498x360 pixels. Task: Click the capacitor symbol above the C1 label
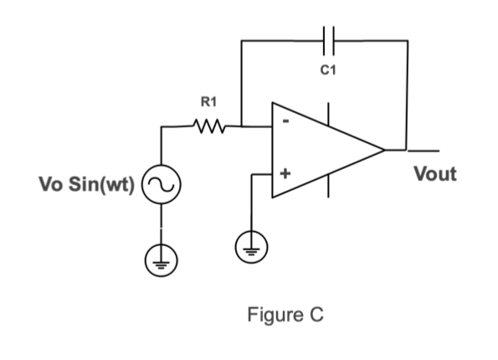point(328,39)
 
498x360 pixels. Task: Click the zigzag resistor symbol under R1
point(206,128)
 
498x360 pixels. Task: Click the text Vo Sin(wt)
point(87,183)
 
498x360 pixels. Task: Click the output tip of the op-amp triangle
point(384,151)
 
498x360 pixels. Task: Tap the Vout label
point(435,174)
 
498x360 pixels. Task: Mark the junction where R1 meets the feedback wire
point(240,128)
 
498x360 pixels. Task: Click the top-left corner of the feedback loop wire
point(240,39)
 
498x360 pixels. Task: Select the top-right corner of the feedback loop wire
point(408,39)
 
